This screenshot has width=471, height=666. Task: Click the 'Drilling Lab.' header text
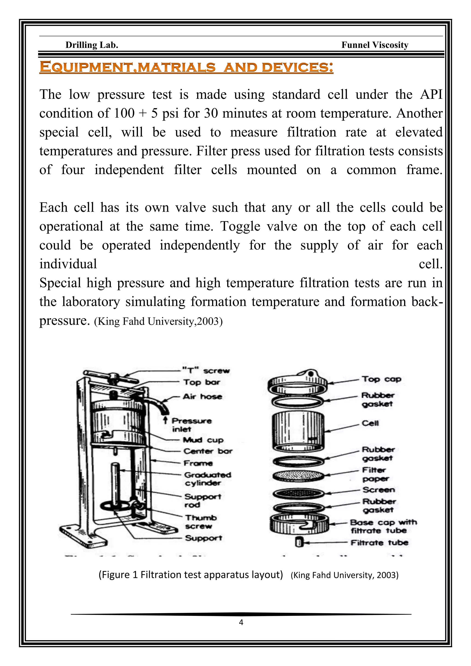click(x=92, y=45)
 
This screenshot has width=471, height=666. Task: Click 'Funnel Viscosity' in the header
click(x=375, y=45)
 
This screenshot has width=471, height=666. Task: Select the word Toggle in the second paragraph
click(x=240, y=227)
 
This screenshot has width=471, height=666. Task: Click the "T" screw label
click(x=206, y=371)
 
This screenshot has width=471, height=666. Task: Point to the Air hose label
click(x=202, y=396)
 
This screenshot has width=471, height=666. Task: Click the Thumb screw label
click(x=201, y=522)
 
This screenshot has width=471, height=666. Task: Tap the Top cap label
click(x=381, y=379)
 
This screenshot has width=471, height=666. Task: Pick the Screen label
click(x=379, y=490)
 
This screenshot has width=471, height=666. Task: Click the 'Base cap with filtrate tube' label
click(x=383, y=526)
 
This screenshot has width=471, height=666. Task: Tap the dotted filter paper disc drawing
click(x=298, y=476)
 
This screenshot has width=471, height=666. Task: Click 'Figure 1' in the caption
click(x=119, y=575)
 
